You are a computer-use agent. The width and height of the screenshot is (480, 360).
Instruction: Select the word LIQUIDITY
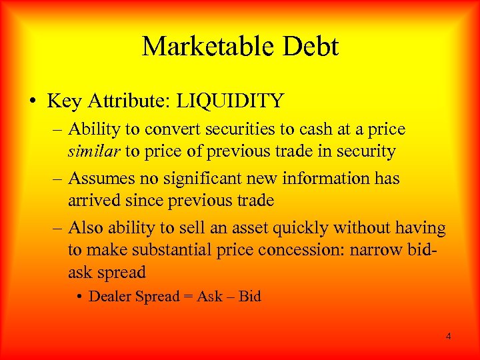(x=236, y=101)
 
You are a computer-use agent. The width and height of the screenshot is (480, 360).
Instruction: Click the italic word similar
(x=94, y=151)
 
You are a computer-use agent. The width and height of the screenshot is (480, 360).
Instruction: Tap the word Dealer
(x=110, y=297)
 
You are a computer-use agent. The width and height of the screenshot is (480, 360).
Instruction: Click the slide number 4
(x=448, y=336)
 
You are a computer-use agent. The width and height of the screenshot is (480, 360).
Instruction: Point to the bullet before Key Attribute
(x=33, y=102)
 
